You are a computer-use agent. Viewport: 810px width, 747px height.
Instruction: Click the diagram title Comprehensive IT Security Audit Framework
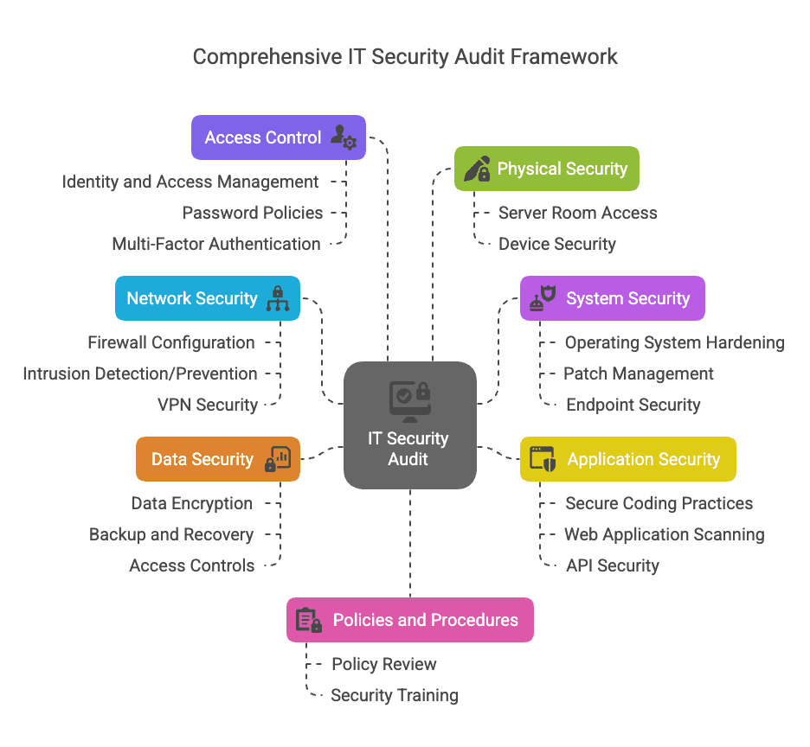click(405, 57)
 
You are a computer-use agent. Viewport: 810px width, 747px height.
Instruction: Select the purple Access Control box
click(278, 137)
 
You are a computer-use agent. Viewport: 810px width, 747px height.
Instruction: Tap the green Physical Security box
click(547, 169)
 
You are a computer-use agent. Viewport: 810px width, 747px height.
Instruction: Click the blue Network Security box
click(208, 298)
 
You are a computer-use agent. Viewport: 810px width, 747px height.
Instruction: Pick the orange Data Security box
click(218, 459)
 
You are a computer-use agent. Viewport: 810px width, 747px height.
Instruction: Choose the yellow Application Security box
click(627, 459)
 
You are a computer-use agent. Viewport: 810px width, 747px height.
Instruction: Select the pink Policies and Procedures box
click(409, 620)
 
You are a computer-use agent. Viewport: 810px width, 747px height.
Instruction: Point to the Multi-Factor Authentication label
click(216, 244)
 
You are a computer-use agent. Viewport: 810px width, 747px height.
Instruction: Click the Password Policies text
click(253, 213)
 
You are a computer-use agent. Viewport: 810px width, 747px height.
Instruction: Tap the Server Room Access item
click(577, 213)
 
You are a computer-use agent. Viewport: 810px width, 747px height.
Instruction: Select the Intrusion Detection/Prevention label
click(140, 373)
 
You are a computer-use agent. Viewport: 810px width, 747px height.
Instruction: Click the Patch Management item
click(639, 373)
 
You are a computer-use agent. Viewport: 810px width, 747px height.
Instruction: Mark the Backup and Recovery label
click(171, 534)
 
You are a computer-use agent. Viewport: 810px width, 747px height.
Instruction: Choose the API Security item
click(613, 565)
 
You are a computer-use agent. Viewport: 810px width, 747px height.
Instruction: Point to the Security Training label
click(395, 695)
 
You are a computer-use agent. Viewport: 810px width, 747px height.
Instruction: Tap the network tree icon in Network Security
click(278, 298)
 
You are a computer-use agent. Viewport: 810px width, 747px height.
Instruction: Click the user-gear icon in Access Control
click(344, 137)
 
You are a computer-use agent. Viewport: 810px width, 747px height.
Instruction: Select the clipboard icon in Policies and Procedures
click(308, 620)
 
